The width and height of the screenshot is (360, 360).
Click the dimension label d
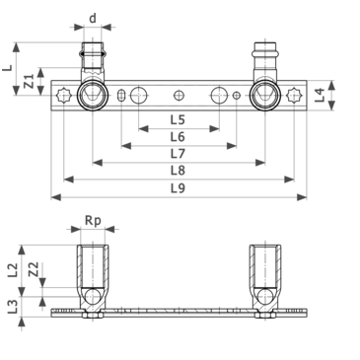pos(93,19)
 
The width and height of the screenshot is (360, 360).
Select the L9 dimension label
pos(178,188)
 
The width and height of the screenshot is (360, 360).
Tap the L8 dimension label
pos(178,171)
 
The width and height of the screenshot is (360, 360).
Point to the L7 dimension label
pos(178,154)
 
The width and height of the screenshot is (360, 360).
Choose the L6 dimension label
pos(178,137)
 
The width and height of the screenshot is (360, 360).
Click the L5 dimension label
pos(178,120)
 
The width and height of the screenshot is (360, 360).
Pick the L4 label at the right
pos(320,95)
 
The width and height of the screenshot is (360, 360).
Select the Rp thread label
pos(93,221)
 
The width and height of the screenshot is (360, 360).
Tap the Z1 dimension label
pos(30,81)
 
